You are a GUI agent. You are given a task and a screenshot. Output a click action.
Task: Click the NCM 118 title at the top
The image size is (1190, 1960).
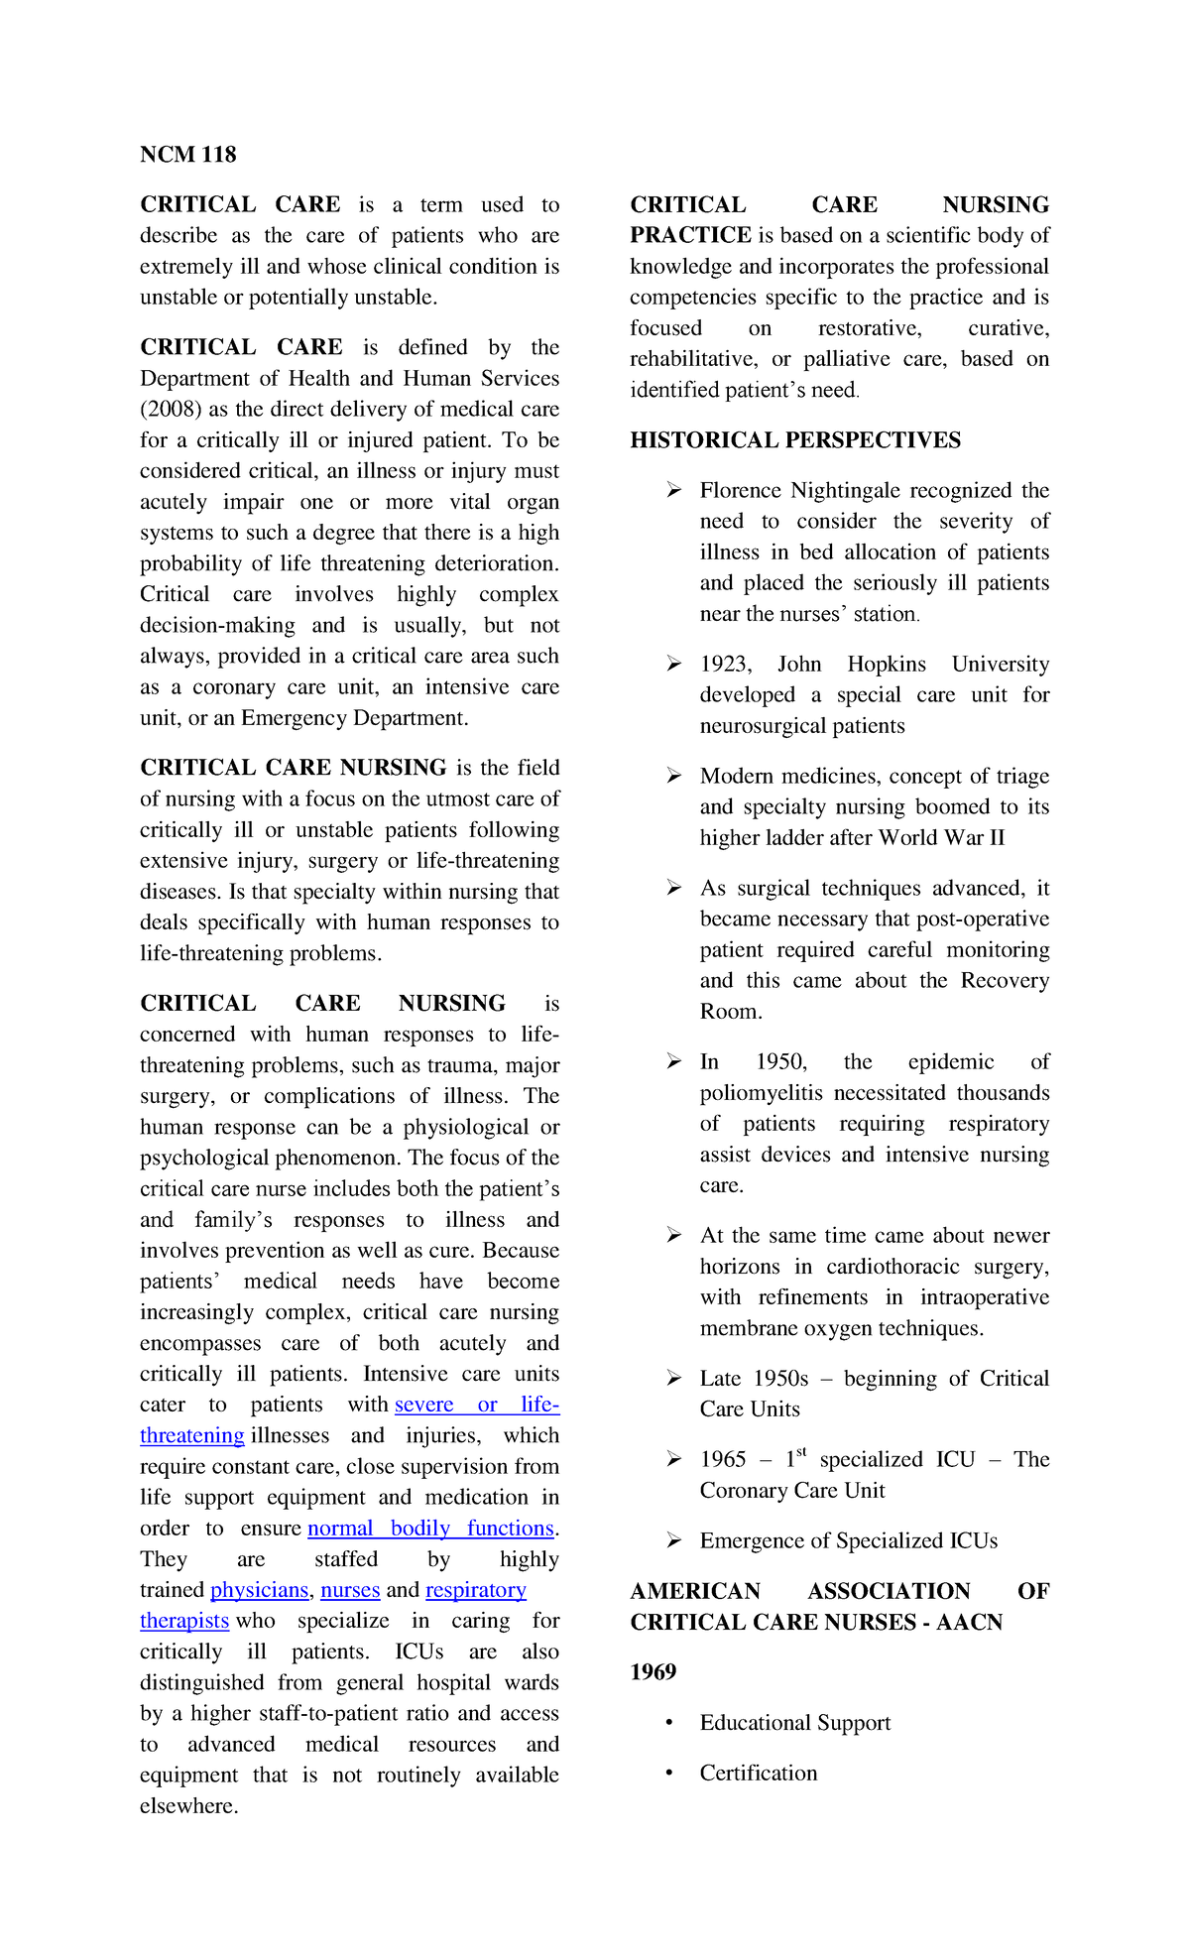click(x=187, y=155)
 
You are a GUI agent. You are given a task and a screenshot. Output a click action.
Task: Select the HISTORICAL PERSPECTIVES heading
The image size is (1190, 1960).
click(x=794, y=440)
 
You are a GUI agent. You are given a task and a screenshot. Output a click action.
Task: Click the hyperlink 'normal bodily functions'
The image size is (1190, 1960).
click(x=430, y=1529)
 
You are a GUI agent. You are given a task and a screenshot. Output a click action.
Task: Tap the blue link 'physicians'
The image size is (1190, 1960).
click(x=259, y=1590)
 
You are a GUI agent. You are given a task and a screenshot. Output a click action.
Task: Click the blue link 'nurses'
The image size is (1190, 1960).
click(x=350, y=1590)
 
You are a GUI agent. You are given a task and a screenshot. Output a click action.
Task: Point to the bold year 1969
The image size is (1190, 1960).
click(x=653, y=1672)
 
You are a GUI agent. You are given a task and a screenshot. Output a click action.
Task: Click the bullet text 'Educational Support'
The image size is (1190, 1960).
click(x=794, y=1723)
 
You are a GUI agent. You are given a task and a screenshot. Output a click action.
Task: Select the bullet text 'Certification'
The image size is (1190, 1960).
click(x=758, y=1774)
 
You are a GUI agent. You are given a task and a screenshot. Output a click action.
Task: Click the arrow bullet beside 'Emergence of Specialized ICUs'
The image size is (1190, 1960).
click(x=673, y=1540)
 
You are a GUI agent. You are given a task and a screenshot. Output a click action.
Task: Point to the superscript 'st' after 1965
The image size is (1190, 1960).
click(x=801, y=1453)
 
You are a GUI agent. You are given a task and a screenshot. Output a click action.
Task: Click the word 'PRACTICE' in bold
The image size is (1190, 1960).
click(x=690, y=235)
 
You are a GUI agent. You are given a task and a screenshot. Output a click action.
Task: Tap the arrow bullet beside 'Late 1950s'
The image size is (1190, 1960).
click(x=673, y=1379)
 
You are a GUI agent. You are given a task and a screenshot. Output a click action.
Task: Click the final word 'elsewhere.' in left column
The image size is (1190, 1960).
click(x=188, y=1806)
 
